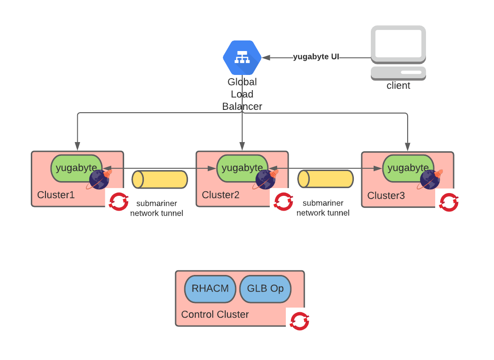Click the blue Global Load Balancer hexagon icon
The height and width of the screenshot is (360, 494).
point(242,57)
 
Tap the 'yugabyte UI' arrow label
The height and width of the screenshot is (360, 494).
point(316,57)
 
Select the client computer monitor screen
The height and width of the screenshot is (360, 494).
point(398,43)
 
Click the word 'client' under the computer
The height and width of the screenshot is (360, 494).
point(398,86)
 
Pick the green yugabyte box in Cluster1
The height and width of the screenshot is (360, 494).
point(74,167)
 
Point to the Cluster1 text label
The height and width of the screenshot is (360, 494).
point(56,195)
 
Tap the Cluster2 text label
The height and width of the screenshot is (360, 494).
point(221,195)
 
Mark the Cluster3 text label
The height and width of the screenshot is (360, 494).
point(386,196)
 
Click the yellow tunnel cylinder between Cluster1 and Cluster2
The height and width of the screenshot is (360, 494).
point(160,179)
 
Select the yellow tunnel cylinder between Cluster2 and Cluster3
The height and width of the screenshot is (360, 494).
point(326,179)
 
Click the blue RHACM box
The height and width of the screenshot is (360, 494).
point(210,289)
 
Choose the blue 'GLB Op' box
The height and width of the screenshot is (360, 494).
point(265,289)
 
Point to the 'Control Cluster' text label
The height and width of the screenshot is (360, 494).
point(215,314)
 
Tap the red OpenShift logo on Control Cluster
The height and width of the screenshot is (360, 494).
point(300,321)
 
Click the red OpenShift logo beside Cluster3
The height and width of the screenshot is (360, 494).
point(449,202)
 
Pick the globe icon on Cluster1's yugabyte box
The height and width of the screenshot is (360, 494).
point(99,179)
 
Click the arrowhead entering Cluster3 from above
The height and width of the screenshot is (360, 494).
point(408,147)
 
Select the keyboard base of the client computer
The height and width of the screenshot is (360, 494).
point(398,73)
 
